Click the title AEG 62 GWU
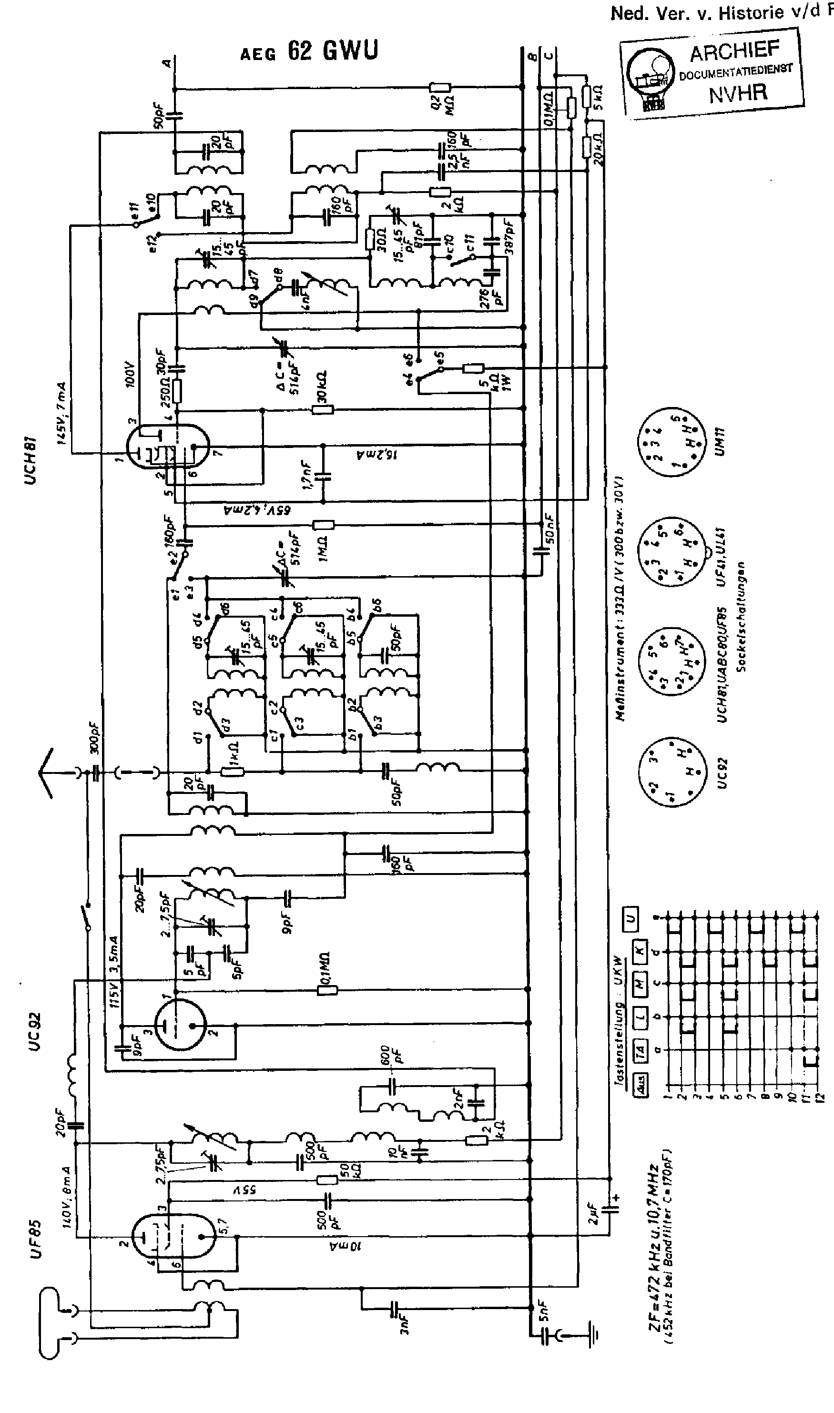pyautogui.click(x=309, y=51)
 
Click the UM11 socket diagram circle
pyautogui.click(x=670, y=443)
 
